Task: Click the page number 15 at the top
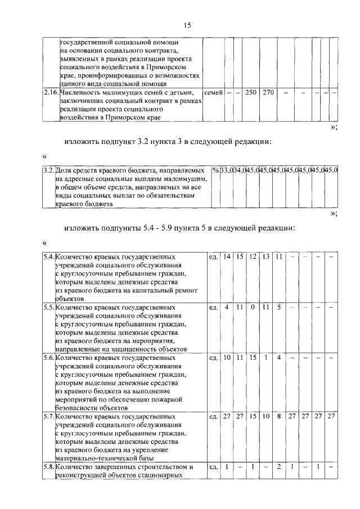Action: coord(187,25)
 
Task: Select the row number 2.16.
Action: coord(51,92)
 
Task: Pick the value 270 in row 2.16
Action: coord(268,92)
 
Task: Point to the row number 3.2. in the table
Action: coord(48,169)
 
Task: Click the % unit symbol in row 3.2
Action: coord(216,169)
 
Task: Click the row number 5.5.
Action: coord(48,308)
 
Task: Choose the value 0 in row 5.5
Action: coord(253,308)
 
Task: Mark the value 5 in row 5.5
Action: coord(279,308)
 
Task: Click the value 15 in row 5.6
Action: coord(253,358)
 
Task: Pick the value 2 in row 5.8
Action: coord(279,467)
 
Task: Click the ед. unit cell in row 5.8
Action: coord(213,467)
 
